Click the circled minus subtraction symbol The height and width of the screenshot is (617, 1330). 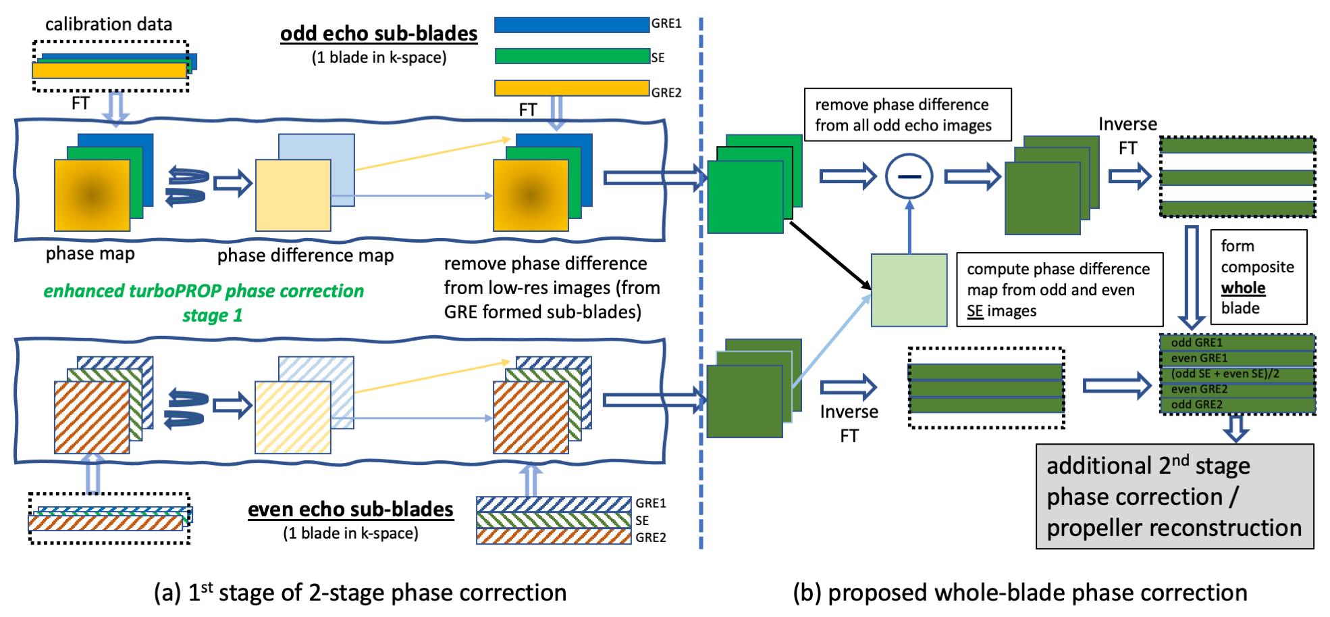click(x=909, y=176)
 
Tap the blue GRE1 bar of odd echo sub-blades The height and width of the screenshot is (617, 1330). click(x=571, y=25)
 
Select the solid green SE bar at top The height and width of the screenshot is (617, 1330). click(x=572, y=56)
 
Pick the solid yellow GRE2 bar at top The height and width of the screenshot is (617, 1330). click(x=571, y=88)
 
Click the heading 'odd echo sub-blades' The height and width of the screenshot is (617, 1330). click(x=379, y=34)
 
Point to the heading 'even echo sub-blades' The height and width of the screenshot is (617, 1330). click(x=350, y=510)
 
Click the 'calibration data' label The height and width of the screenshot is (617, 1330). click(x=109, y=24)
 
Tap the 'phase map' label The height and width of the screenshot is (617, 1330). click(x=90, y=253)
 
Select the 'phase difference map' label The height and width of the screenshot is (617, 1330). click(x=305, y=255)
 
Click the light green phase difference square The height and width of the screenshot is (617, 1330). click(x=909, y=290)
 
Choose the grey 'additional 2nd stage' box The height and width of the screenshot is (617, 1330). click(x=1175, y=497)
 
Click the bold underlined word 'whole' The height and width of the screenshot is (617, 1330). click(x=1243, y=288)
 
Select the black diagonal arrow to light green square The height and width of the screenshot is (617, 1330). click(x=830, y=255)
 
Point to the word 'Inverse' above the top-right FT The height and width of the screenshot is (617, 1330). click(x=1127, y=124)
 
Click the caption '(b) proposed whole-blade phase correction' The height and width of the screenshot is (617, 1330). click(x=1019, y=593)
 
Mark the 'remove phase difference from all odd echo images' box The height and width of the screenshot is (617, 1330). click(x=907, y=115)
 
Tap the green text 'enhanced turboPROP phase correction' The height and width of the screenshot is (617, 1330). click(x=203, y=291)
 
